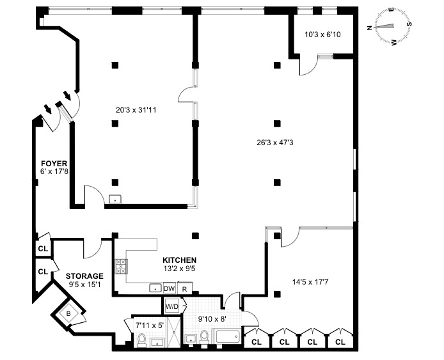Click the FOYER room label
[x=54, y=164]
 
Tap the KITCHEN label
[x=180, y=260]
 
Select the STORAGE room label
[x=84, y=276]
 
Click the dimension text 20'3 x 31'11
[x=136, y=110]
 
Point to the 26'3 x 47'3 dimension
[x=275, y=143]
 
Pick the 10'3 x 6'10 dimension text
[x=322, y=35]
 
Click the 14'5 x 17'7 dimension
[x=310, y=282]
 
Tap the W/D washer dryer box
[x=172, y=306]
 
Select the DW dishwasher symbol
[x=170, y=288]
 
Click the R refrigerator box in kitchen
[x=185, y=288]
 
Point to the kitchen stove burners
[x=121, y=266]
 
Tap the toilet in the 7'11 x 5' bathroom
[x=141, y=340]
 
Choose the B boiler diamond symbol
[x=68, y=313]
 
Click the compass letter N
[x=369, y=27]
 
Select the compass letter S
[x=409, y=24]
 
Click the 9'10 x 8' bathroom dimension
[x=212, y=319]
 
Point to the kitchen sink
[x=155, y=288]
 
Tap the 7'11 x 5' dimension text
[x=150, y=325]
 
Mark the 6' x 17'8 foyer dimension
[x=54, y=171]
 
